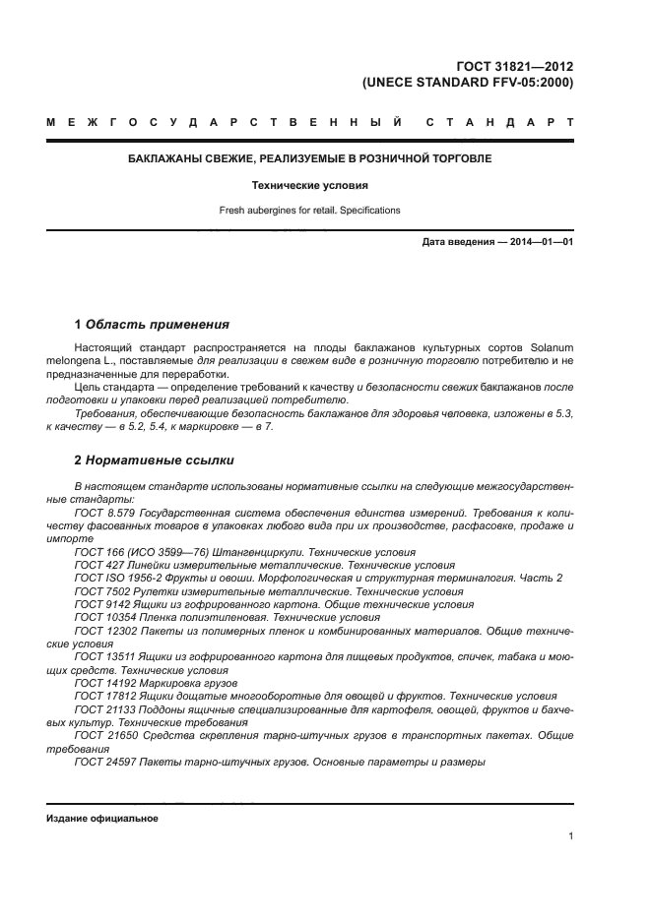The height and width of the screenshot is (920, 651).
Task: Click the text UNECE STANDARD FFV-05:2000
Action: point(468,83)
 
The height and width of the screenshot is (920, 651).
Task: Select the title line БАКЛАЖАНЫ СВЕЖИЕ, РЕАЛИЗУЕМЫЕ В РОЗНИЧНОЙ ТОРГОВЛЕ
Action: point(310,158)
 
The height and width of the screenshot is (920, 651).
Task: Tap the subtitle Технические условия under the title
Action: point(310,185)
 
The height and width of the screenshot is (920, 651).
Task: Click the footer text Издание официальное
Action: point(102,819)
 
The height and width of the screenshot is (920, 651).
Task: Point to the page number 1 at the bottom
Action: point(570,836)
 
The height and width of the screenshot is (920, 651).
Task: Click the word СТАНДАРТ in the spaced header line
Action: point(500,123)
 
